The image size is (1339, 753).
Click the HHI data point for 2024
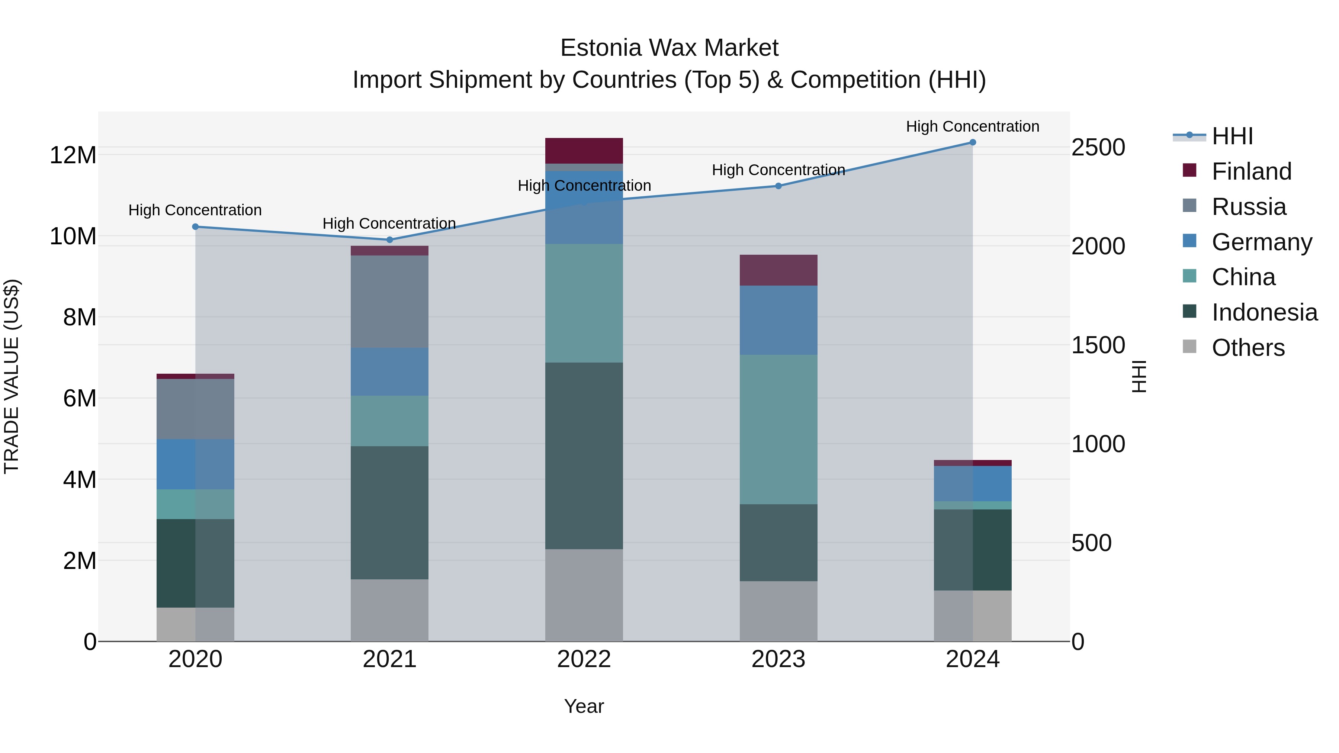[973, 142]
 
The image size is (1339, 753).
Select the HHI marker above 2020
[195, 226]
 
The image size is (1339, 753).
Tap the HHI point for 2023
[778, 186]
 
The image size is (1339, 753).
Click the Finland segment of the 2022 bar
[584, 151]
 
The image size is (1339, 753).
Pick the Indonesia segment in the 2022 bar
[584, 456]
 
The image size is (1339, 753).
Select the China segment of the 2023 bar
[778, 429]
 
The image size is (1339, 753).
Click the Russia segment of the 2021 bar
[389, 302]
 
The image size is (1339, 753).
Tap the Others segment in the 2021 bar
[389, 610]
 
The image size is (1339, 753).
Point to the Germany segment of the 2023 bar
[778, 320]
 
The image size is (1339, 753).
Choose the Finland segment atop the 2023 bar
[778, 270]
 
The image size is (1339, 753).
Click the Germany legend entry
[1262, 242]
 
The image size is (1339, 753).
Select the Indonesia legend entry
[1264, 312]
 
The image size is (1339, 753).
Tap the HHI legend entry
[1232, 136]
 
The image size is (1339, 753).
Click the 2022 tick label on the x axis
[584, 659]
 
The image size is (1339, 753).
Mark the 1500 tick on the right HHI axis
[1098, 345]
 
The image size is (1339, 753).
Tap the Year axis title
[584, 706]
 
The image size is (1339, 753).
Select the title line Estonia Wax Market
[669, 48]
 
